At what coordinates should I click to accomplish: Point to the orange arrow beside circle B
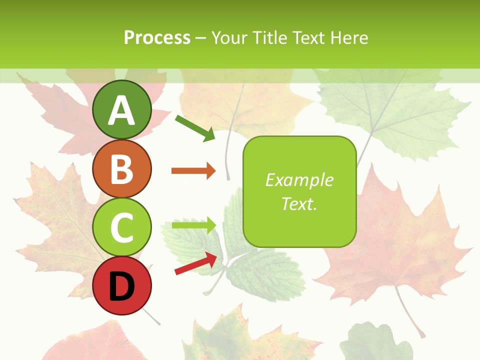[193, 171]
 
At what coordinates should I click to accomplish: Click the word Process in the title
[157, 38]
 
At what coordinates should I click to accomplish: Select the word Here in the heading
[349, 38]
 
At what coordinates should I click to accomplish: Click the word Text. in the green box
[299, 203]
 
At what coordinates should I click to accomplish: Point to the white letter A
[121, 110]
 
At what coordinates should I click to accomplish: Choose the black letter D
[121, 286]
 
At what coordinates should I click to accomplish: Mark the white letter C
[121, 227]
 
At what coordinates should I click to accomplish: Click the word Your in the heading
[229, 38]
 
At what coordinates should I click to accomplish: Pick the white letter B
[121, 168]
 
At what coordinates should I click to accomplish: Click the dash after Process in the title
[201, 38]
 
